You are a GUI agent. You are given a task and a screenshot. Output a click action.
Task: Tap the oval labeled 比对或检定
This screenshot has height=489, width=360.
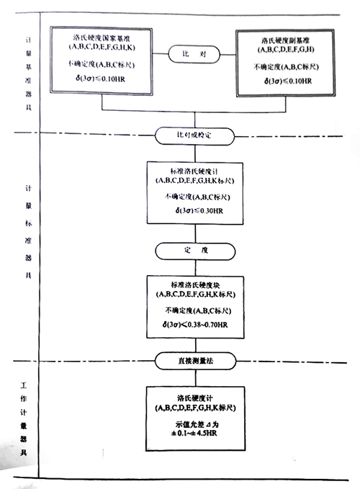point(195,135)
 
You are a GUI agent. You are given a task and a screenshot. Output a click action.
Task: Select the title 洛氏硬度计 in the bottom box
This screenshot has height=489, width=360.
point(195,397)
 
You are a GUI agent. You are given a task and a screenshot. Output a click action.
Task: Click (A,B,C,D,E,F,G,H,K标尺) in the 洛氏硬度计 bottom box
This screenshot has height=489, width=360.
point(195,408)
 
